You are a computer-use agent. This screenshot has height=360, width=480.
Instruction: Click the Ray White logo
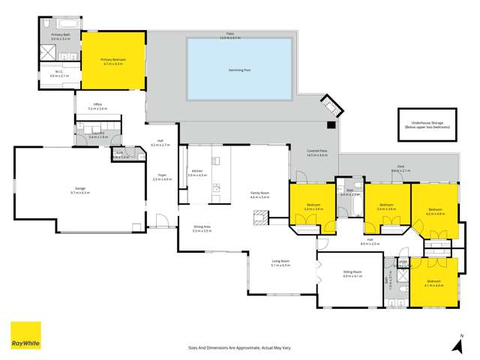[x=25, y=336]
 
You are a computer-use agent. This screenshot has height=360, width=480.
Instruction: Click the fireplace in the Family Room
[x=260, y=218]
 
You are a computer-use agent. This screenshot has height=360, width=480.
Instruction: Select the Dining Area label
[x=202, y=229]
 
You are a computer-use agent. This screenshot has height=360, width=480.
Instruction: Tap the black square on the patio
[x=330, y=124]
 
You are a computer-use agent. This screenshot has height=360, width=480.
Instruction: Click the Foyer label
[x=163, y=178]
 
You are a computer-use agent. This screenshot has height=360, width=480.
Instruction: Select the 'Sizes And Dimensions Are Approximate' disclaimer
[x=239, y=347]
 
